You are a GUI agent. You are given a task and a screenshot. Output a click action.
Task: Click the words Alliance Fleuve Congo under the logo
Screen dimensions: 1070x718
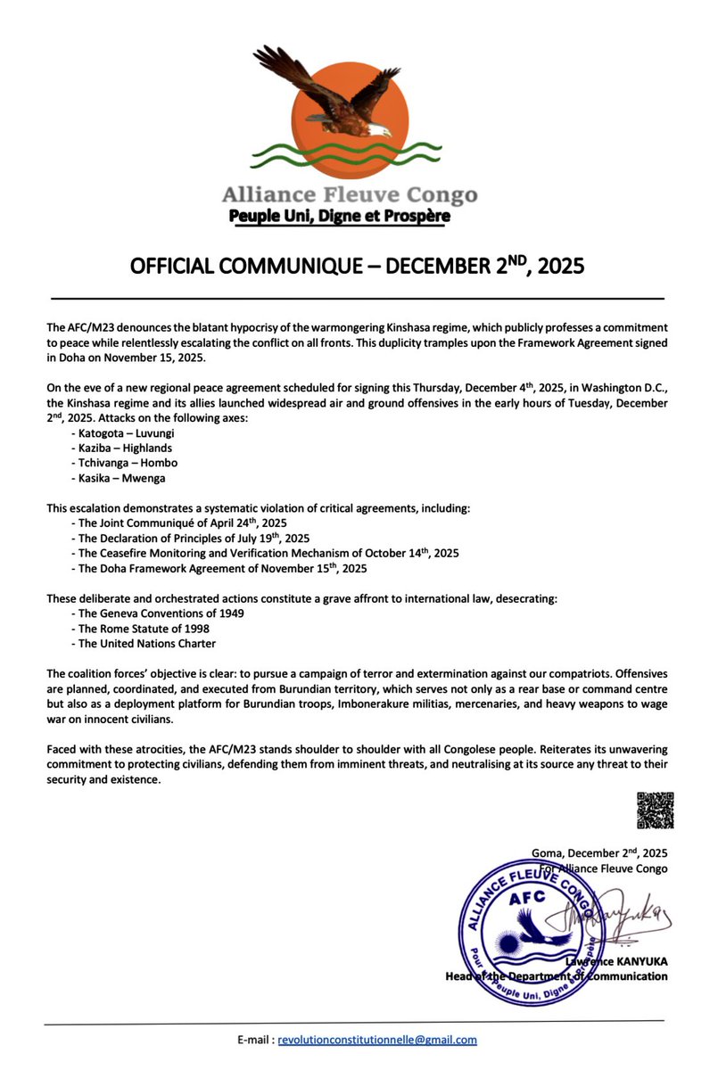(349, 195)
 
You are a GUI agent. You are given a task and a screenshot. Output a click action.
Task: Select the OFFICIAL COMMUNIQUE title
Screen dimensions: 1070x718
(357, 267)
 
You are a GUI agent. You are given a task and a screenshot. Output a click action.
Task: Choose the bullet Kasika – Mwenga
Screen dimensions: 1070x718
(117, 479)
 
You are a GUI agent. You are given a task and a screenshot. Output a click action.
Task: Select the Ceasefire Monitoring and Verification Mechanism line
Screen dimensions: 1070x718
(264, 553)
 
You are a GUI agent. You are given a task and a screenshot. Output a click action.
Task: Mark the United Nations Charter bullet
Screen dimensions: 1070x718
(143, 644)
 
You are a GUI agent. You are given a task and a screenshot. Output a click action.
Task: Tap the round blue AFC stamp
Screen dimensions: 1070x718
(527, 928)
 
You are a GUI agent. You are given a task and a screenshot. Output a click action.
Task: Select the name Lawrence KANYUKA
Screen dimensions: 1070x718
(617, 961)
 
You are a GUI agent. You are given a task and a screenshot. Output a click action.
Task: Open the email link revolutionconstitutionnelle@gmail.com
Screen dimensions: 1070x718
(376, 1040)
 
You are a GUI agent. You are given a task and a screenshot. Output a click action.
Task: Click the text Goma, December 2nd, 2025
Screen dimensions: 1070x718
(598, 852)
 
